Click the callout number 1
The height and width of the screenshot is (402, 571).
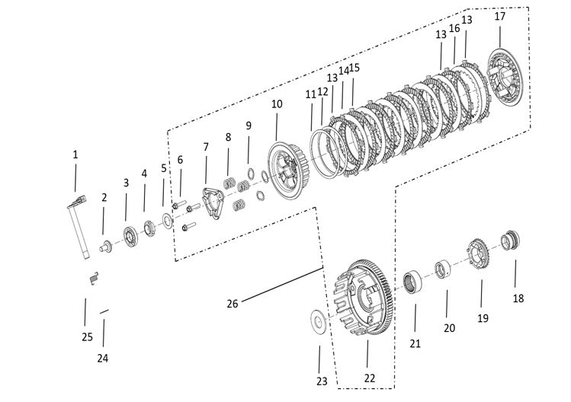[75, 155]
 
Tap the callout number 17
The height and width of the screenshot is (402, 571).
[500, 16]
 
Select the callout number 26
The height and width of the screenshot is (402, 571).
[233, 303]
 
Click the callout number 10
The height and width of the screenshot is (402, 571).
[276, 103]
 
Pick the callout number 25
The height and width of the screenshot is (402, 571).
[87, 337]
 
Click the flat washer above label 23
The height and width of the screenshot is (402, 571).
[319, 321]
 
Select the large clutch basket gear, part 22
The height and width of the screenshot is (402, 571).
[364, 301]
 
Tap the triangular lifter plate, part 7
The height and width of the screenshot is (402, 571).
[210, 199]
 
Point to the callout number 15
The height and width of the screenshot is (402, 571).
[354, 68]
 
